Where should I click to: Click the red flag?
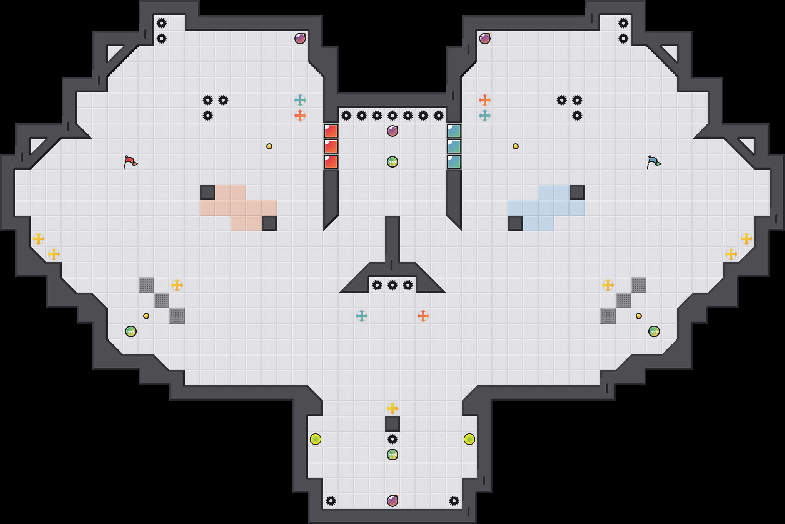[130, 162]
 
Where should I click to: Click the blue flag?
[653, 162]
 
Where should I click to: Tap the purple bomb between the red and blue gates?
[392, 131]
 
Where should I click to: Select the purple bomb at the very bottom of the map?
[392, 500]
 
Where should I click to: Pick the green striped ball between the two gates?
[392, 162]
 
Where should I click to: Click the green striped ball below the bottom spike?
[392, 455]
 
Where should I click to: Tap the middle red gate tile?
[331, 146]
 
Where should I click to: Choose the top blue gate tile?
[454, 131]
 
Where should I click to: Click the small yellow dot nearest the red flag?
[269, 146]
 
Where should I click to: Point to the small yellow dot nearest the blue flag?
[516, 146]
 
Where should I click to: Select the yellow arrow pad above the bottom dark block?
[392, 408]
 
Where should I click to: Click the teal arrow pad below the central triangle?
[362, 316]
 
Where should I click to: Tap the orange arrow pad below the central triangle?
[423, 316]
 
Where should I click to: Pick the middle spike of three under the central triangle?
[392, 285]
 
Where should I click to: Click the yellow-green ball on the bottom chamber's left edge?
[316, 439]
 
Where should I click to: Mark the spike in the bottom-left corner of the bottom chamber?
[331, 501]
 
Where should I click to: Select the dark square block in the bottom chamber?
[392, 424]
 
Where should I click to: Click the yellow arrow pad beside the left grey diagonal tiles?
[177, 285]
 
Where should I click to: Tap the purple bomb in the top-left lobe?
[300, 39]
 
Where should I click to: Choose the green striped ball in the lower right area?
[654, 331]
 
